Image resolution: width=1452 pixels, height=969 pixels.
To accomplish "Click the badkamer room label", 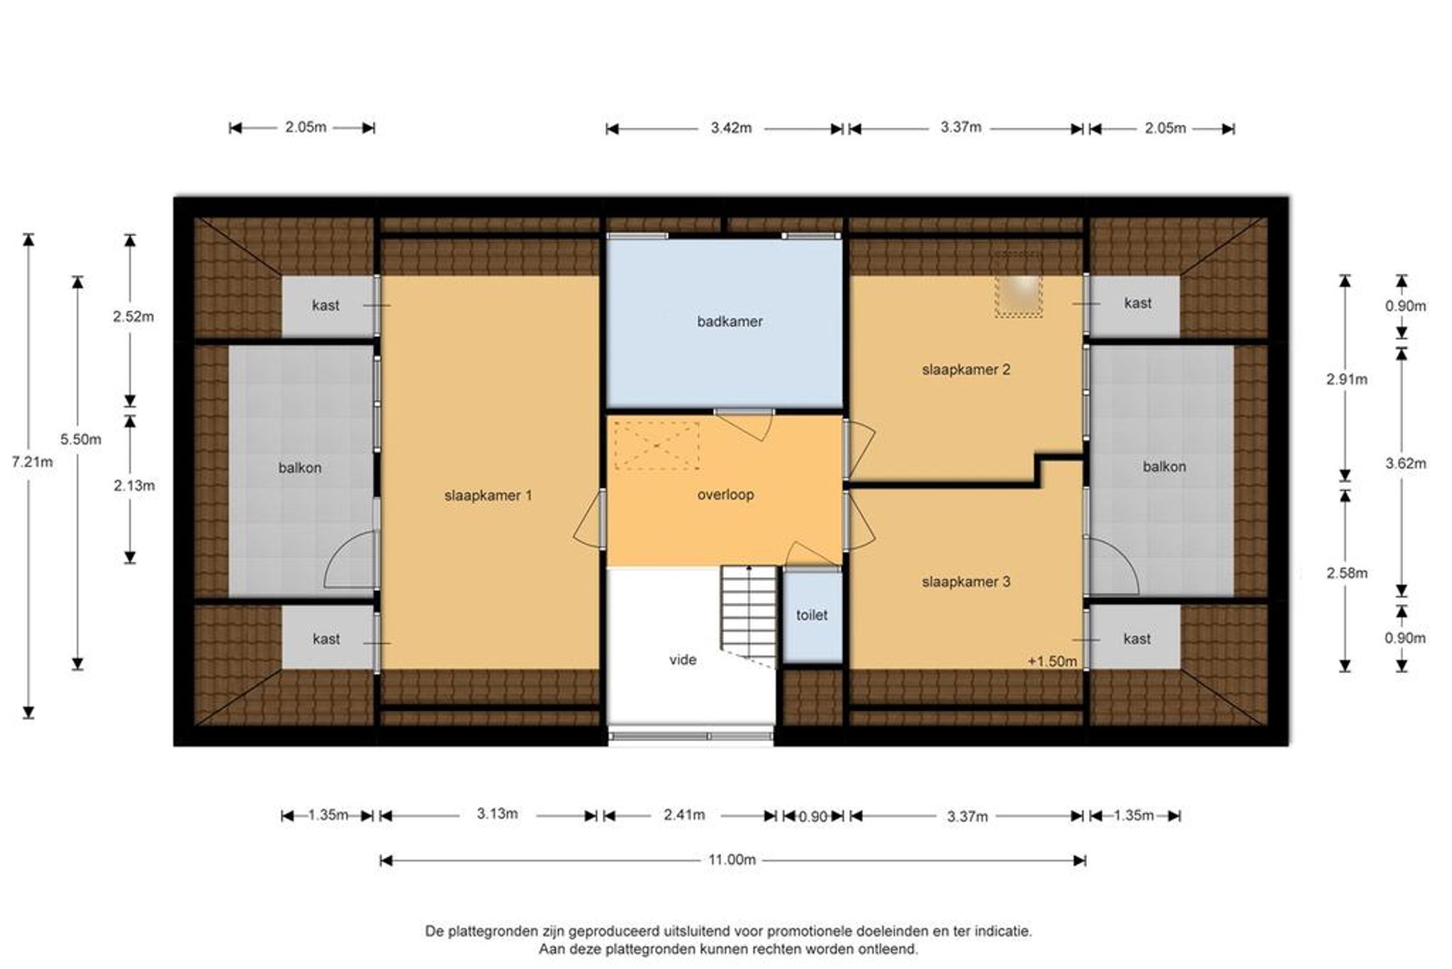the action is (729, 321).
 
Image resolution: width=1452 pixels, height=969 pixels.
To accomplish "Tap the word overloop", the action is (725, 495).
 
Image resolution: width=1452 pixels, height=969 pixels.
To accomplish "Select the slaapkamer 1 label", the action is (488, 496).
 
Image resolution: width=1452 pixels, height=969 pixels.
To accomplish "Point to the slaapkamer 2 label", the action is (966, 369).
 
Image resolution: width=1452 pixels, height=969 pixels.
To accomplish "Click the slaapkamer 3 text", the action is (966, 582).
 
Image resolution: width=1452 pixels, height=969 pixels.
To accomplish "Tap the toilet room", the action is (812, 616).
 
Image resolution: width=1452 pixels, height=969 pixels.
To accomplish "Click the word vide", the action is (683, 660).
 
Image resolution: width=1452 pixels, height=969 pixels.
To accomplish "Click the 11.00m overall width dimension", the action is (731, 859).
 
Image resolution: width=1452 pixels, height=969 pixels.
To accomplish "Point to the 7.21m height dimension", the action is (32, 462).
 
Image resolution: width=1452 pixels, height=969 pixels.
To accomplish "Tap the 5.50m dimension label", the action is (81, 440).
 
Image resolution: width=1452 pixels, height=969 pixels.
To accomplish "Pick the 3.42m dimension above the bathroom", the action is (731, 128).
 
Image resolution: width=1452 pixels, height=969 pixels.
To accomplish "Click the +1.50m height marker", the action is (1052, 662).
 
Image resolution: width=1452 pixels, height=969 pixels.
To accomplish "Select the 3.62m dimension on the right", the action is (1405, 463).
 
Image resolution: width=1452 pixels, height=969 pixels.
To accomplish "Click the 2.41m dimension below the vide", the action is (684, 815).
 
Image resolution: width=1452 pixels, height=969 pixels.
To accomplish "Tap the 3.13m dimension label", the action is (497, 814).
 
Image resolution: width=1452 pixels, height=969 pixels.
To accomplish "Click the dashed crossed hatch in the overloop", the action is (657, 445).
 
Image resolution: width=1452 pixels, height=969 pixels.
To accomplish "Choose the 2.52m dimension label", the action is (133, 317).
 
